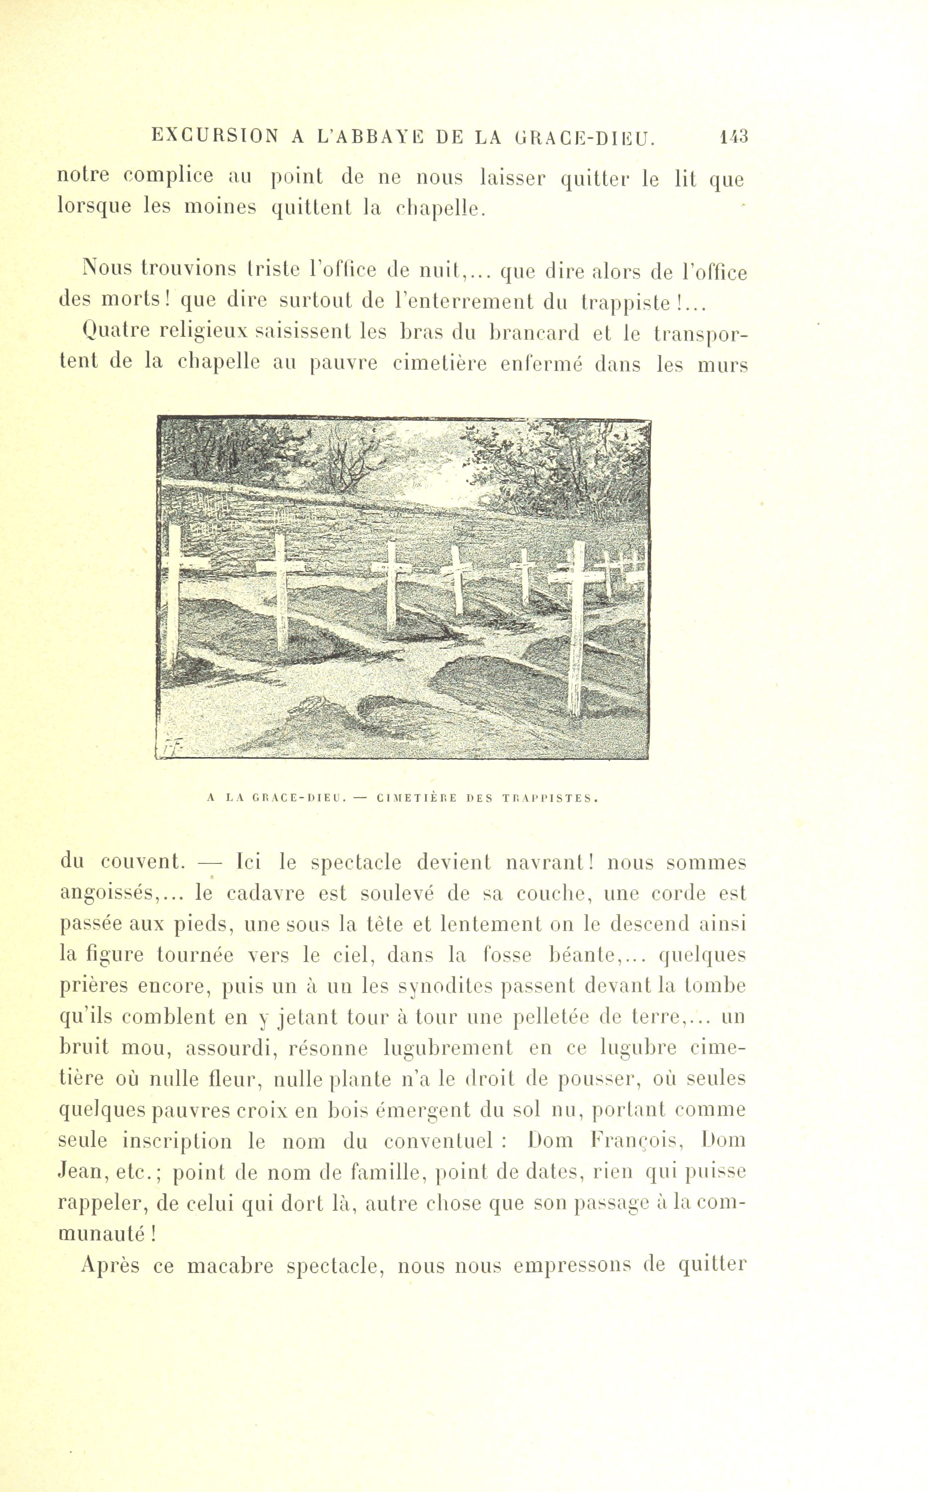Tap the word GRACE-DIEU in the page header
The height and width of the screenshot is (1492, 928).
(583, 137)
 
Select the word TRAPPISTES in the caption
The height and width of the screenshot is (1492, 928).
(548, 798)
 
